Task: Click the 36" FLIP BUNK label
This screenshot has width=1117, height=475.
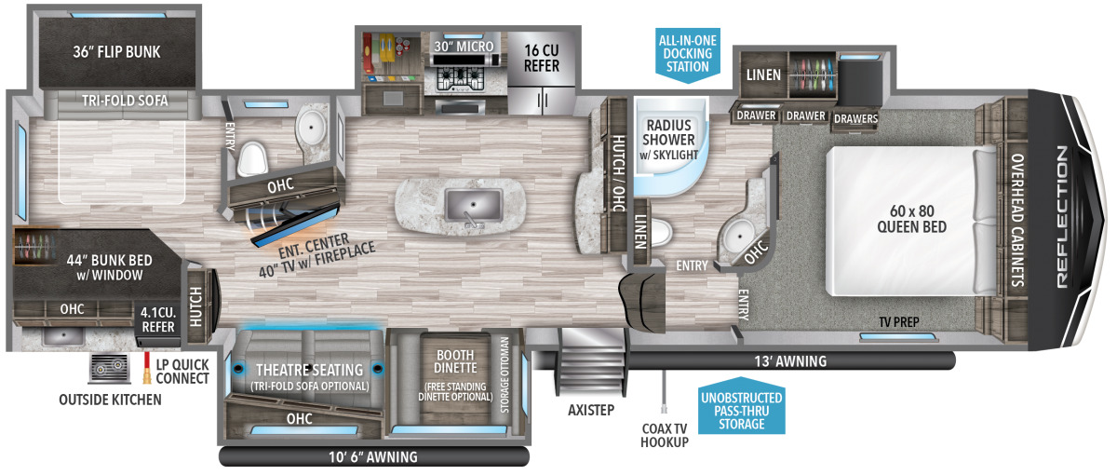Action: point(116,51)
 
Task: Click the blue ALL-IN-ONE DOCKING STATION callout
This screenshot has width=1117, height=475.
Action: point(686,54)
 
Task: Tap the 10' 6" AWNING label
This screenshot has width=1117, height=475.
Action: point(373,457)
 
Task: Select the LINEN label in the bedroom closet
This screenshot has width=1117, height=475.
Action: point(763,74)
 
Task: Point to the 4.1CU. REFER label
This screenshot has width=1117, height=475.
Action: point(156,319)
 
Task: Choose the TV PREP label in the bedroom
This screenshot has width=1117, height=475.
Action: point(899,322)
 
